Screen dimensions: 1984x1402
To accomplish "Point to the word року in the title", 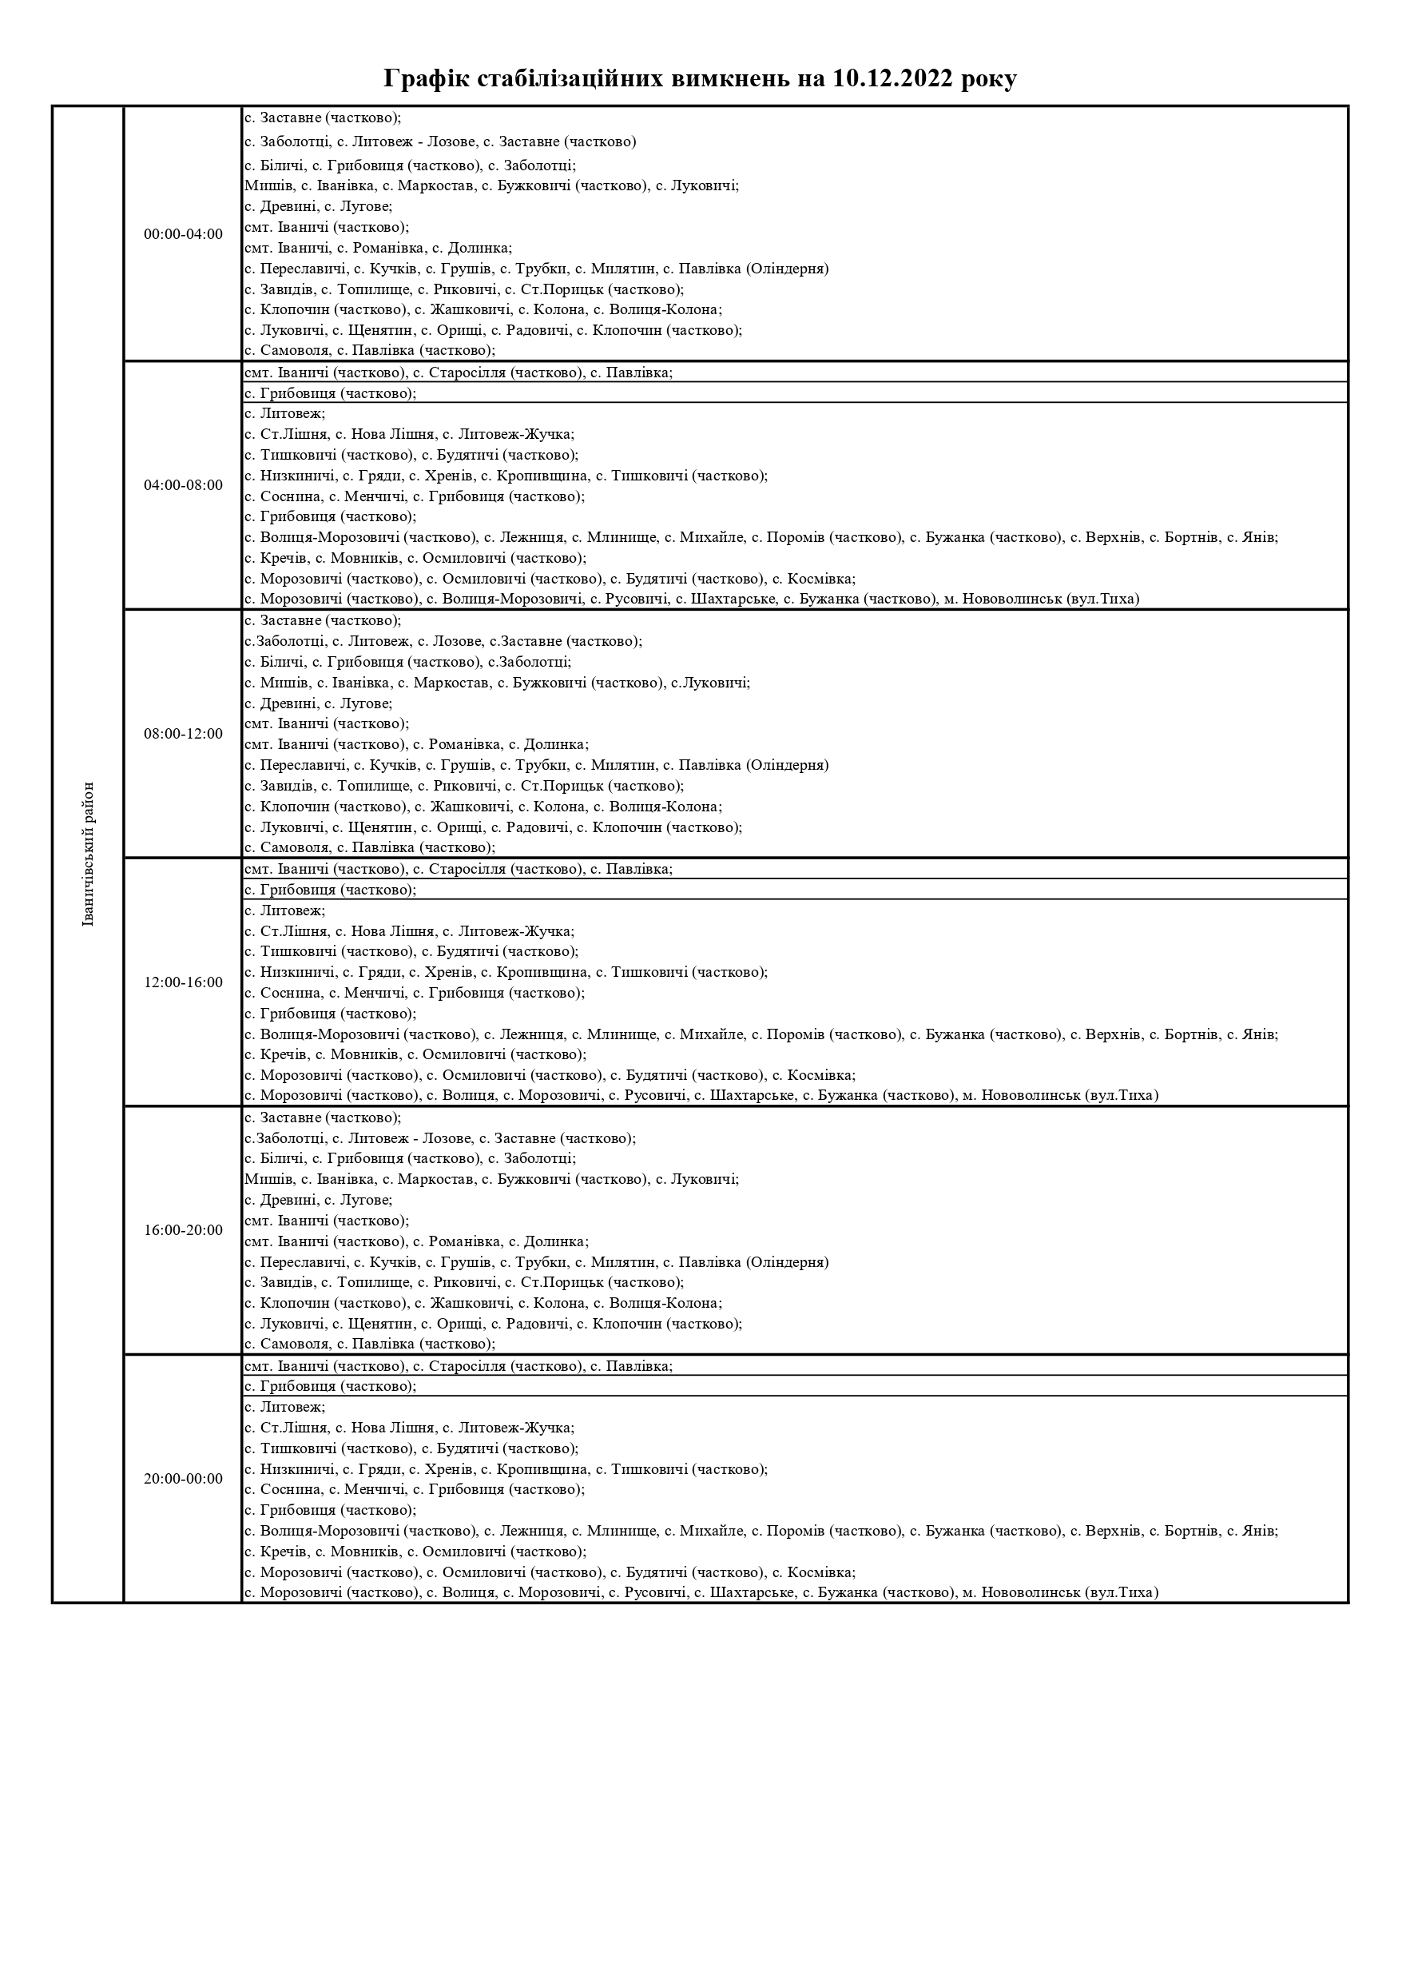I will (990, 78).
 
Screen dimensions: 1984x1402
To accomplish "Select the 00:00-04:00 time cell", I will (183, 234).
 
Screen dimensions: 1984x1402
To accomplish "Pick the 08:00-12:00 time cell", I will (183, 734).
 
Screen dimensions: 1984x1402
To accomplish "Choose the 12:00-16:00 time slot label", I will (183, 982).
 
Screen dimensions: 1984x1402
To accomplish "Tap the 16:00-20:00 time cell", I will (183, 1230).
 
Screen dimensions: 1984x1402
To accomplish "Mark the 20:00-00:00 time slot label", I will (183, 1479).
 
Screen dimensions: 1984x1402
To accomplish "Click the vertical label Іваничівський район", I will (88, 854).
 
